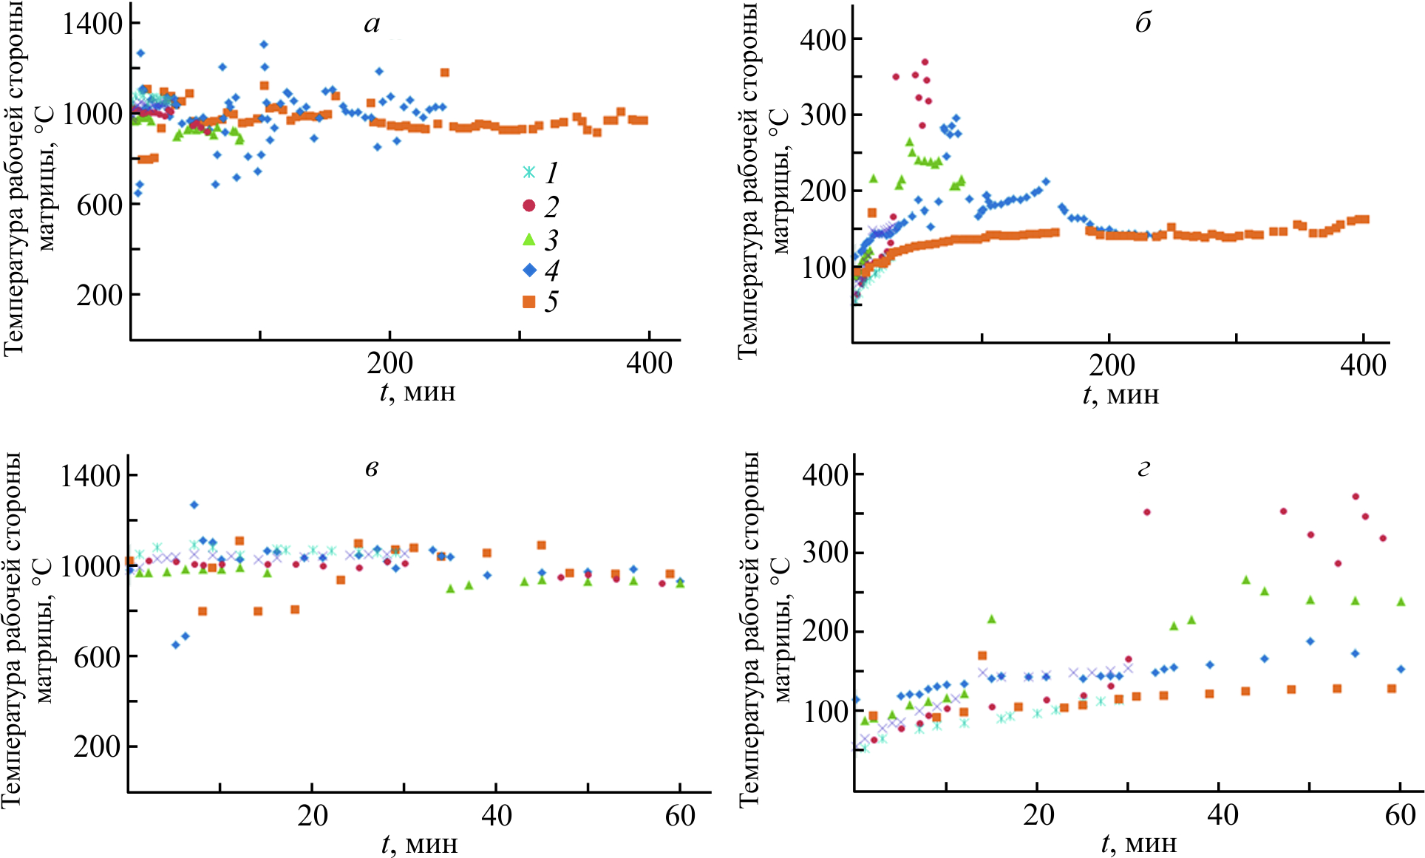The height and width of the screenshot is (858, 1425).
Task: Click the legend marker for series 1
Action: point(529,173)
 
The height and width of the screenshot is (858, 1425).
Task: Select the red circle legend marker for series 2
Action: point(528,205)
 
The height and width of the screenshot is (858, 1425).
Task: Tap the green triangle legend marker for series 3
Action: point(529,239)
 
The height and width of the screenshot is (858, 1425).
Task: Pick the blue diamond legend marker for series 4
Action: point(529,270)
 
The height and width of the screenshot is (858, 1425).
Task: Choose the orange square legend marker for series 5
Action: point(529,302)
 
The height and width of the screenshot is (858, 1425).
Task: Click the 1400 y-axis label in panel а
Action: point(92,24)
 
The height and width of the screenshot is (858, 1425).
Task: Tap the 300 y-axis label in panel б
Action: point(823,115)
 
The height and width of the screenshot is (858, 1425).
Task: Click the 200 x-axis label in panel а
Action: point(390,364)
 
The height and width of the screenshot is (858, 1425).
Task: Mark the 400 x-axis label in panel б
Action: point(1363,365)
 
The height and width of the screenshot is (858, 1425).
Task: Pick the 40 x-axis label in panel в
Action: point(496,816)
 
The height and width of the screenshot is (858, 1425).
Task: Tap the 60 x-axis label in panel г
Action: point(1400,815)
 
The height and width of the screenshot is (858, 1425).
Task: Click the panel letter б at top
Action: point(1143,24)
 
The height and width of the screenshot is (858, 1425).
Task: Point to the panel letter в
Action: point(372,469)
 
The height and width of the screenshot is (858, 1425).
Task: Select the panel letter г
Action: point(1144,469)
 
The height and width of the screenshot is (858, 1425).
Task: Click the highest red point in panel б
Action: point(925,62)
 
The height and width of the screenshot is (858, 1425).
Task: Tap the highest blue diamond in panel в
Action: point(194,505)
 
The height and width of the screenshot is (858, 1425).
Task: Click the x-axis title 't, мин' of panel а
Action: point(418,391)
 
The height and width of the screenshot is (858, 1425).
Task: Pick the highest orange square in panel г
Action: point(982,656)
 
